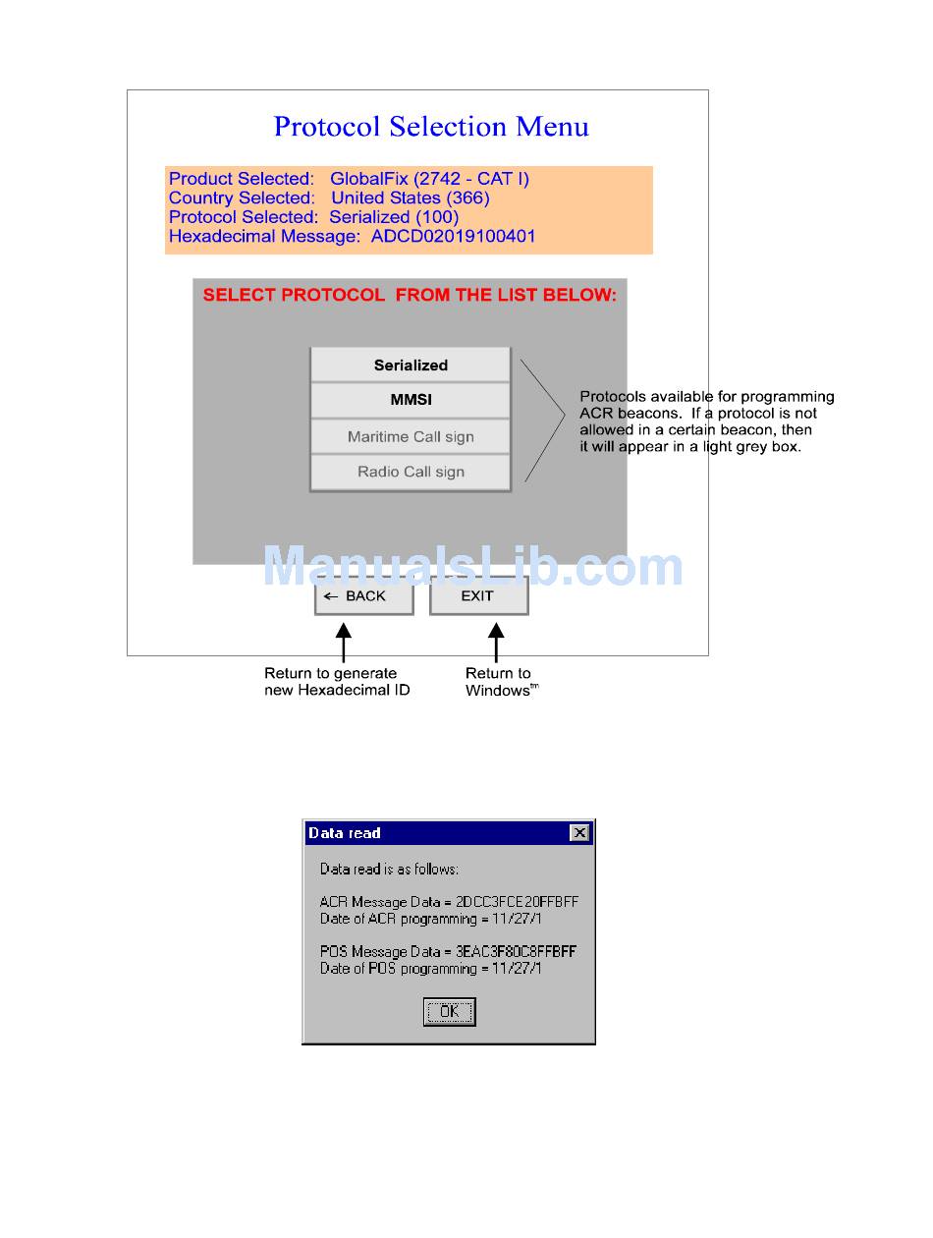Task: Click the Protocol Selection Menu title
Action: [x=430, y=127]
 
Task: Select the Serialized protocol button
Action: [x=411, y=366]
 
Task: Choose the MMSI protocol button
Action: [x=411, y=401]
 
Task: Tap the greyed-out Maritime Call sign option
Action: [x=411, y=437]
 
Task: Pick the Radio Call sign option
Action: [x=411, y=473]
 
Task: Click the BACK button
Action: [x=363, y=596]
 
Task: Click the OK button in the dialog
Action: [x=449, y=1012]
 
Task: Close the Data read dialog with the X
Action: [x=579, y=833]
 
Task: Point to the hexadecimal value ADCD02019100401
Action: [x=453, y=236]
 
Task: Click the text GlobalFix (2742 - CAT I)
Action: [x=429, y=179]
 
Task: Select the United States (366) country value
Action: [x=410, y=198]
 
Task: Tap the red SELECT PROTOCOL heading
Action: [x=410, y=295]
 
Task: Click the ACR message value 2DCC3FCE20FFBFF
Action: [x=517, y=902]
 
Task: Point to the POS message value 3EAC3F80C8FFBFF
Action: [x=516, y=951]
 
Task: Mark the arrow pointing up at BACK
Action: [x=343, y=642]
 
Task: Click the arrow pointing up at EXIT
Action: [x=496, y=642]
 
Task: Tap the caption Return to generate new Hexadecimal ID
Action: [x=336, y=682]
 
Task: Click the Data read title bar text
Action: [x=345, y=833]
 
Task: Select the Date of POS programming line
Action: [x=430, y=969]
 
